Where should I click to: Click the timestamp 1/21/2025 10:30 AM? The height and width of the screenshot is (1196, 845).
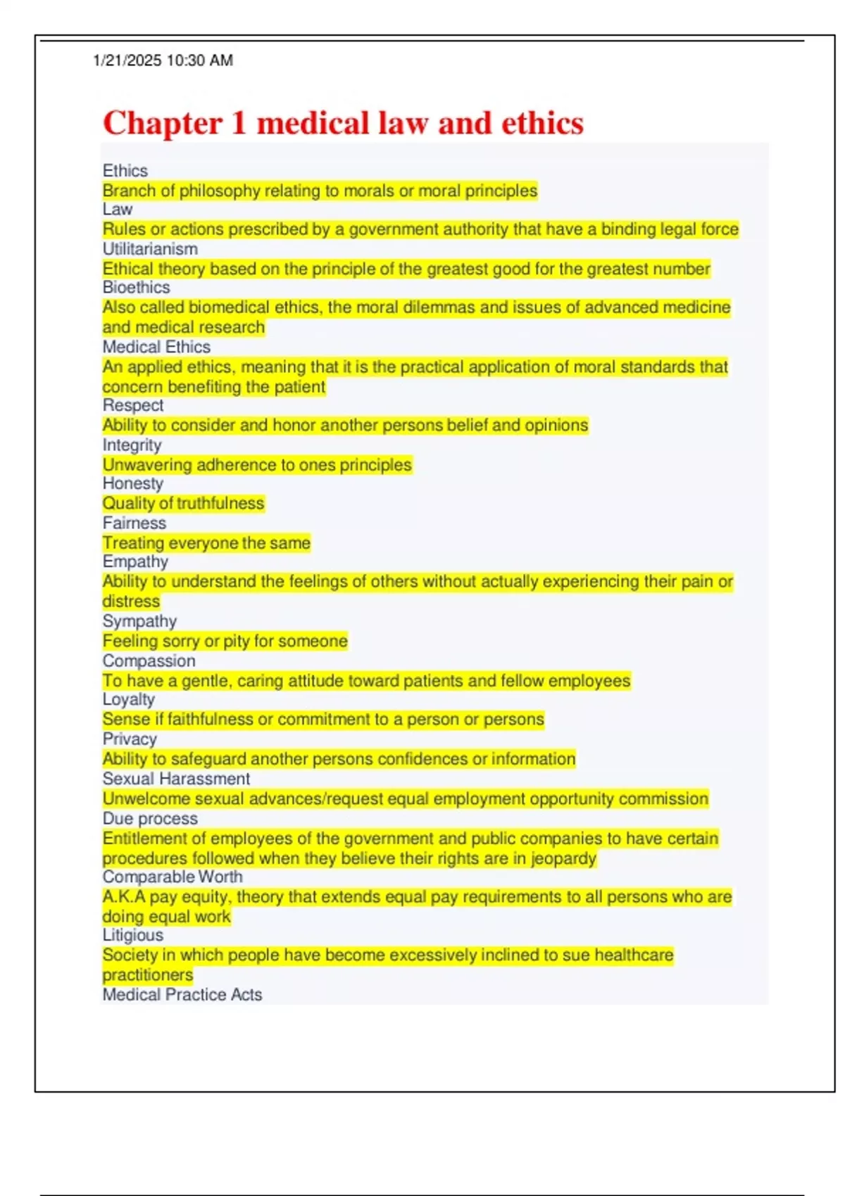163,61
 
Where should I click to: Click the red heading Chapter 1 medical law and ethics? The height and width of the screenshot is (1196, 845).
343,123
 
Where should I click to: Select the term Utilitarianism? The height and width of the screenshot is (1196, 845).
150,249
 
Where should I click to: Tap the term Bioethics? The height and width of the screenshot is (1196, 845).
136,288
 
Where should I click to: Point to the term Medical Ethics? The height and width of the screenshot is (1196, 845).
156,347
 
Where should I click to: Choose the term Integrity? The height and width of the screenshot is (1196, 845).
132,445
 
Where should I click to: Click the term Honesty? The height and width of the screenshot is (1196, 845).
132,484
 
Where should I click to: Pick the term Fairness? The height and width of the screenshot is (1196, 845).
134,523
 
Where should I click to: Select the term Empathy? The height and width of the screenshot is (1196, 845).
135,562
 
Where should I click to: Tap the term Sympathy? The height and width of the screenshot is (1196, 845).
139,621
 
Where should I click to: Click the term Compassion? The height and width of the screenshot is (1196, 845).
149,661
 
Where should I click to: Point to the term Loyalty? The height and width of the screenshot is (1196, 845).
128,700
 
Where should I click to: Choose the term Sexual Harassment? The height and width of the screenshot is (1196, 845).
176,779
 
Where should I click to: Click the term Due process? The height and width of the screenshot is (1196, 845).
150,819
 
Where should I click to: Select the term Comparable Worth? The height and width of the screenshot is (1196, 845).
173,877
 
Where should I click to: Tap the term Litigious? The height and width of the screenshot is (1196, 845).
132,936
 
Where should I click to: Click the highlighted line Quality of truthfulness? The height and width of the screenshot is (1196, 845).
183,504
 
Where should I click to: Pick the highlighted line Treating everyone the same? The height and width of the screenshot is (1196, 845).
206,543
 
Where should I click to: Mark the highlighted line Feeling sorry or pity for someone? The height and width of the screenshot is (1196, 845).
225,641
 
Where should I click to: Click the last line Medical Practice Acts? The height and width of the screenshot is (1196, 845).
182,995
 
